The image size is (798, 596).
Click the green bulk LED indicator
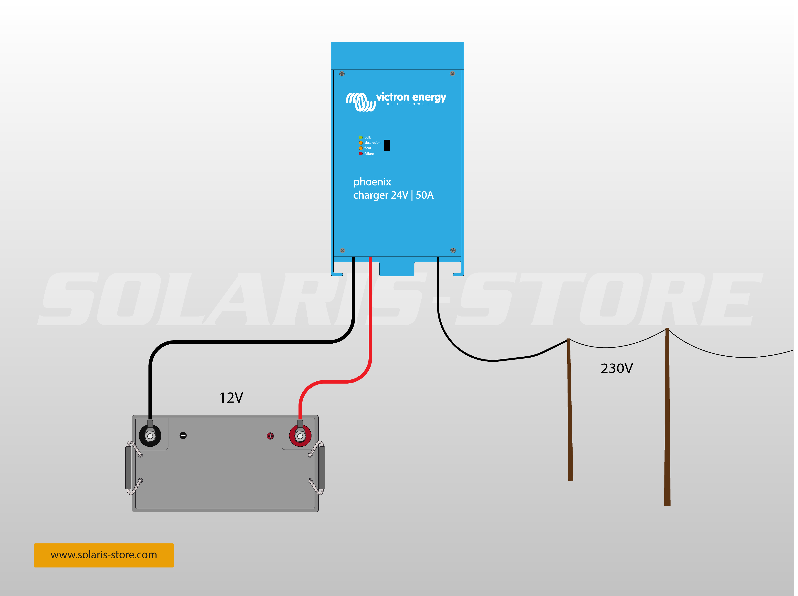pyautogui.click(x=361, y=137)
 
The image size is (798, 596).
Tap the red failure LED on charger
pyautogui.click(x=361, y=154)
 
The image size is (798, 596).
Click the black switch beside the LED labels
pyautogui.click(x=387, y=145)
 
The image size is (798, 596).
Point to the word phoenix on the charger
pyautogui.click(x=372, y=182)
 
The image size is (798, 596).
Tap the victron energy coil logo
pyautogui.click(x=361, y=102)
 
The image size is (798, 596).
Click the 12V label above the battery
pyautogui.click(x=231, y=398)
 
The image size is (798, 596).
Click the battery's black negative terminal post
pyautogui.click(x=150, y=436)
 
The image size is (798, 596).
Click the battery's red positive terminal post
pyautogui.click(x=300, y=436)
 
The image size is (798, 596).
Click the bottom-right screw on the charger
pyautogui.click(x=453, y=250)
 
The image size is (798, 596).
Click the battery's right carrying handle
pyautogui.click(x=322, y=468)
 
